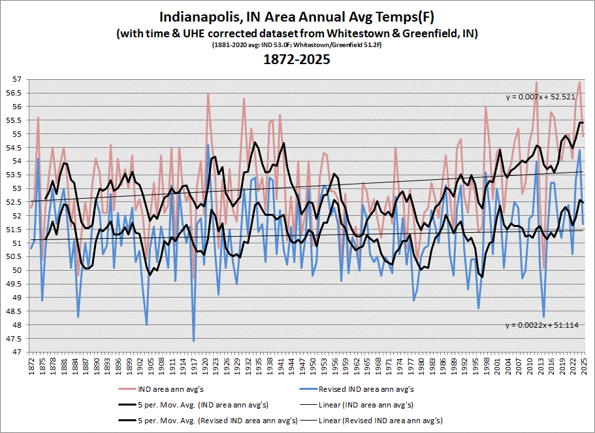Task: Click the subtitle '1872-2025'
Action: coord(297,60)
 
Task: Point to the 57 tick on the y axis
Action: coord(18,79)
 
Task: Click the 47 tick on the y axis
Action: coord(18,353)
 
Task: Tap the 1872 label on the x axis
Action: coord(31,364)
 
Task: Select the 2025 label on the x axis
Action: coord(583,364)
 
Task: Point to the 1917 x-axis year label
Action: coord(194,364)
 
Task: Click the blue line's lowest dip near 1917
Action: coord(194,340)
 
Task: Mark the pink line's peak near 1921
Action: coord(208,94)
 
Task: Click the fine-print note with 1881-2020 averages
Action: coord(297,46)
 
